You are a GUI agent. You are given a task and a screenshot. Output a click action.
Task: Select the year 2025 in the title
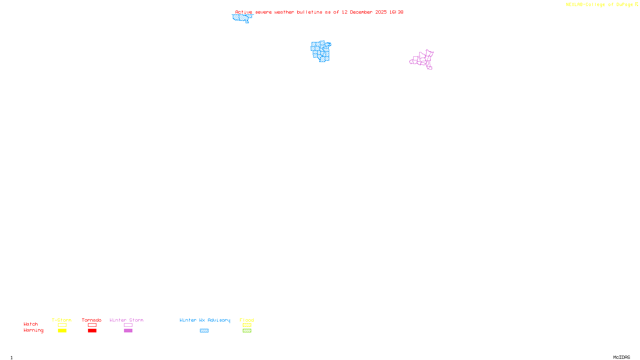381,12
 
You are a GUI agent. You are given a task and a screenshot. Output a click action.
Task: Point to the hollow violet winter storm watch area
422,60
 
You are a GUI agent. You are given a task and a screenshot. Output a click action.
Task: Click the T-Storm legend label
62,320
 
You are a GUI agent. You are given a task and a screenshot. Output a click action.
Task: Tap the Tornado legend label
92,320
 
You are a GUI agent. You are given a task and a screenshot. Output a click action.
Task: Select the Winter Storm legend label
126,320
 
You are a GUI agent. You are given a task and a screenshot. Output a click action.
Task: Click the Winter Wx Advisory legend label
205,320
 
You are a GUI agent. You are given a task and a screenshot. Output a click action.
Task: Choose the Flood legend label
247,320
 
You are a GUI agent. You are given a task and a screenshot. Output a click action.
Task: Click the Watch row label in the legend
31,324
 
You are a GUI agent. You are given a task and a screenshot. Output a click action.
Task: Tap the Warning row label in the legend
34,330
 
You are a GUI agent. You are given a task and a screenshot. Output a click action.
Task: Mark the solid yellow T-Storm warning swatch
62,331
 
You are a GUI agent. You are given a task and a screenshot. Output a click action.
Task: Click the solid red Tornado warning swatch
92,331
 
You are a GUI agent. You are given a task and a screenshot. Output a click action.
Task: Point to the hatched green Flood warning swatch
247,331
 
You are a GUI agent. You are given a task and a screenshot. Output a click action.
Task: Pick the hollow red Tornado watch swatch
92,325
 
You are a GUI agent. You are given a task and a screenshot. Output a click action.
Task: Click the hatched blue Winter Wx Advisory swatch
204,331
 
